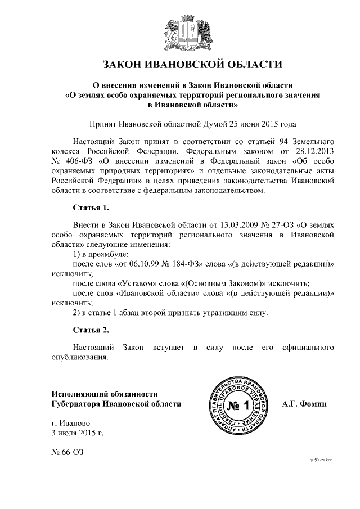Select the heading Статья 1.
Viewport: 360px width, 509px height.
pyautogui.click(x=91, y=208)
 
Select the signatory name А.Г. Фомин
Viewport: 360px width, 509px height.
pyautogui.click(x=307, y=404)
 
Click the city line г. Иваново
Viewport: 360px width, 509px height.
pyautogui.click(x=70, y=423)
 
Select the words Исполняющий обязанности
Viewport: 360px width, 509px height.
pyautogui.click(x=104, y=394)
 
